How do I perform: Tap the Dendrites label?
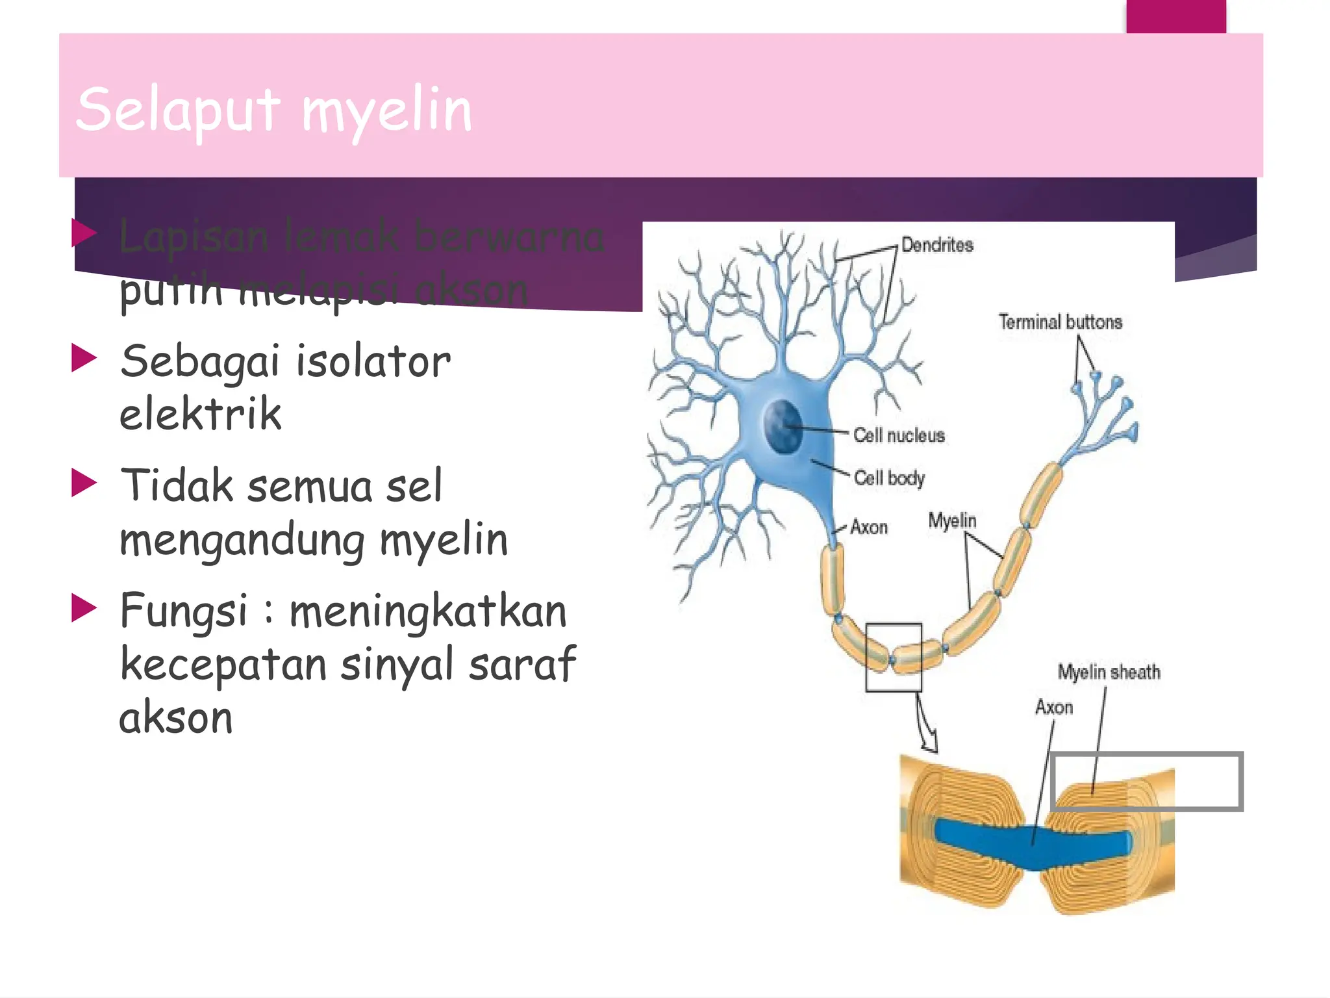point(937,246)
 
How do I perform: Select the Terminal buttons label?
point(1060,322)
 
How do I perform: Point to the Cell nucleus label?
point(899,435)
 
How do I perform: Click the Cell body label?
point(889,478)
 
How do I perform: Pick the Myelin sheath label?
point(1109,672)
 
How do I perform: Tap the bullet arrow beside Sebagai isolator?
point(84,358)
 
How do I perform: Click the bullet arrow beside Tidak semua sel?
point(84,483)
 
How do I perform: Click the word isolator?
point(373,361)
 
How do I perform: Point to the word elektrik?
point(200,415)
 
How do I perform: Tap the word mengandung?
point(242,541)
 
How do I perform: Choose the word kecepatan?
point(223,664)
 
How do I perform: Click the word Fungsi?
point(184,611)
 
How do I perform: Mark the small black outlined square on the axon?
point(894,657)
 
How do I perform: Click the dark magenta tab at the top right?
point(1175,16)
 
